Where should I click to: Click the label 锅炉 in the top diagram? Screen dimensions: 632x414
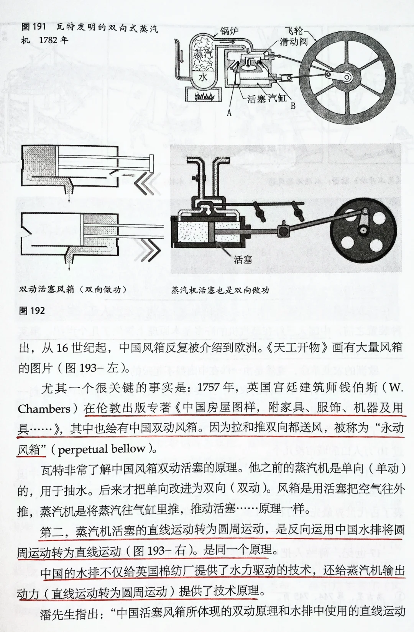(x=229, y=31)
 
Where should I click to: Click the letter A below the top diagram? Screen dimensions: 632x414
(x=229, y=113)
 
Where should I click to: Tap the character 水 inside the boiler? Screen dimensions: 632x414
(x=202, y=77)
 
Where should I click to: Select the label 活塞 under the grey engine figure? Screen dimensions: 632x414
(x=243, y=260)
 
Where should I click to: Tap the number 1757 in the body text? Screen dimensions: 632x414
(x=210, y=388)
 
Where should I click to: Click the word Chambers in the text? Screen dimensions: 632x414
(x=44, y=409)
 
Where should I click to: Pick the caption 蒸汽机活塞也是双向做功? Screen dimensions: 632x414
(x=220, y=290)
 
